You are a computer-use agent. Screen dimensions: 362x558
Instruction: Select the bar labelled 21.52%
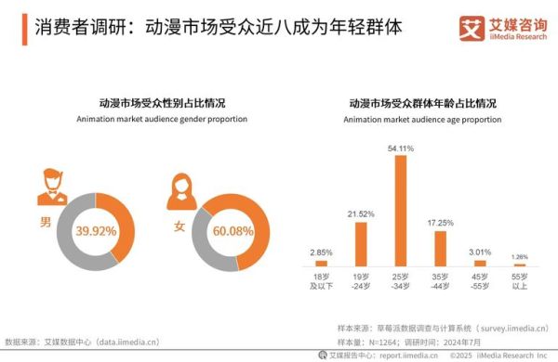pyautogui.click(x=361, y=244)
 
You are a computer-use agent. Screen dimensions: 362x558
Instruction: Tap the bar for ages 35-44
pyautogui.click(x=441, y=249)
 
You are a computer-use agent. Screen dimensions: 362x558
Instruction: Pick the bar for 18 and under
pyautogui.click(x=321, y=264)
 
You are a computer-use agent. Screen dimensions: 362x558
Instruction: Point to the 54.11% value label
pyautogui.click(x=401, y=148)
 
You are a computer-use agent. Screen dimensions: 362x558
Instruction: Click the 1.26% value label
pyautogui.click(x=521, y=256)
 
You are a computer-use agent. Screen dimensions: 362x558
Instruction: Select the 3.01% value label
pyautogui.click(x=481, y=251)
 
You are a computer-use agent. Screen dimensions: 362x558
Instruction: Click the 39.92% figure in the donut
pyautogui.click(x=96, y=229)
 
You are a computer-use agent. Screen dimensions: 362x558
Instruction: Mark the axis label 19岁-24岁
pyautogui.click(x=361, y=281)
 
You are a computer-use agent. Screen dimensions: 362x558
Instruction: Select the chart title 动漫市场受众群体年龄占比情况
pyautogui.click(x=422, y=103)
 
